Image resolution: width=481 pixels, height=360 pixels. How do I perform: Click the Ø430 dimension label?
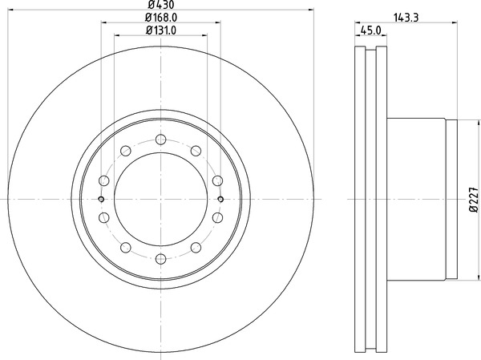(161, 4)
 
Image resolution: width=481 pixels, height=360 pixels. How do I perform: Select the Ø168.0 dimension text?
(161, 18)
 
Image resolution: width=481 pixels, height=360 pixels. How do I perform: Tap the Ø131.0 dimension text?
(161, 30)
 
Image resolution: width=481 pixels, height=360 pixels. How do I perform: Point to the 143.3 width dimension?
(406, 18)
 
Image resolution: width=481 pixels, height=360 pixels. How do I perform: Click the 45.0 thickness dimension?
(371, 30)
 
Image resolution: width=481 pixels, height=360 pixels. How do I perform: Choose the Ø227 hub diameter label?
(474, 200)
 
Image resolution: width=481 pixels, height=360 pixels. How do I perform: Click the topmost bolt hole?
(161, 140)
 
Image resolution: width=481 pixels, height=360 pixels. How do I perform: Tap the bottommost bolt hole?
(161, 259)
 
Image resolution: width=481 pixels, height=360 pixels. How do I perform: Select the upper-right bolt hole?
(196, 151)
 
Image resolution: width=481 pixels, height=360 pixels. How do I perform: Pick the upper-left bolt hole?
(126, 151)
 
